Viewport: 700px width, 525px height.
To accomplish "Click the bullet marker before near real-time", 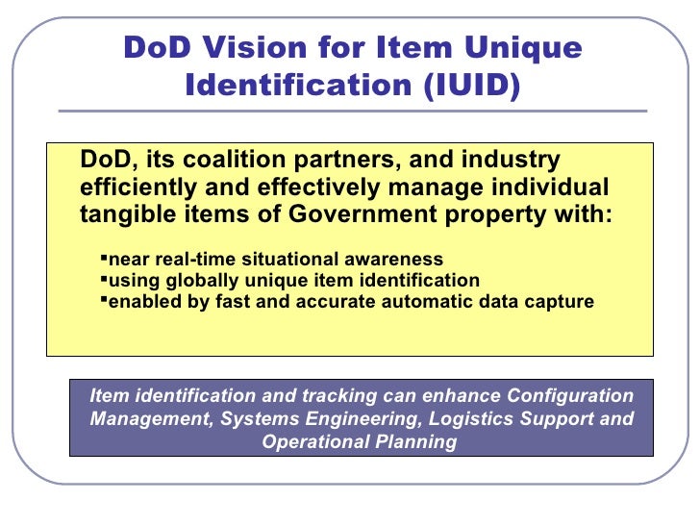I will (104, 259).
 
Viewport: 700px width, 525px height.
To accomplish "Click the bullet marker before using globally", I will (104, 280).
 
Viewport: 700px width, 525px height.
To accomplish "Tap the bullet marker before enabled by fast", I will (104, 301).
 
